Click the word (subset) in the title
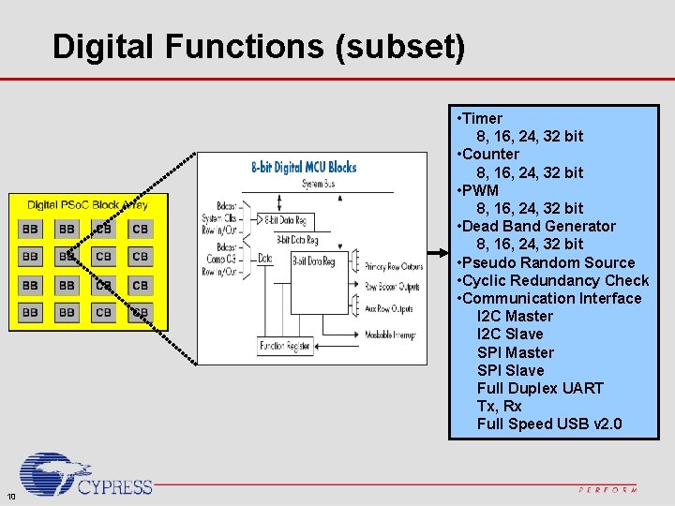[x=405, y=47]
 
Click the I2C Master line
[x=515, y=317]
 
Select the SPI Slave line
[x=510, y=370]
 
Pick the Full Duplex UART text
[x=540, y=388]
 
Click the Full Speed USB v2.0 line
[x=548, y=424]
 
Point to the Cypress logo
[x=84, y=476]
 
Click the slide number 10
[x=10, y=496]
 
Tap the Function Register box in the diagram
[x=286, y=347]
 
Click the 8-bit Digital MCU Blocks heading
[x=304, y=167]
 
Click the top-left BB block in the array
[x=30, y=229]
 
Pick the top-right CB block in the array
[x=140, y=229]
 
